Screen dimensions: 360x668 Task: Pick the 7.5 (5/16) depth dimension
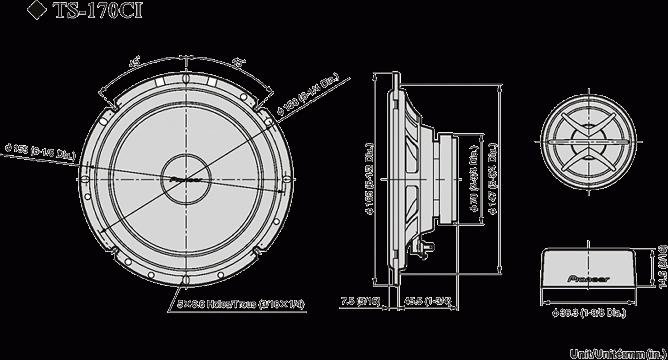coord(360,301)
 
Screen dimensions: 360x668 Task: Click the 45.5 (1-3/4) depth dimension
coord(428,301)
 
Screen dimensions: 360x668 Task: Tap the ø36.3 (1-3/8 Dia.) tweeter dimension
coord(589,313)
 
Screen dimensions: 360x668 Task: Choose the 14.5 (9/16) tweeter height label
coord(662,267)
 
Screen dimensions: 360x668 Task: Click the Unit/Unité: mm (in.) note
coord(619,354)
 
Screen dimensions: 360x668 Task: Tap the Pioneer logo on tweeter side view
coord(588,279)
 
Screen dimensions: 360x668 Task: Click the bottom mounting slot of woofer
coord(186,280)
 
